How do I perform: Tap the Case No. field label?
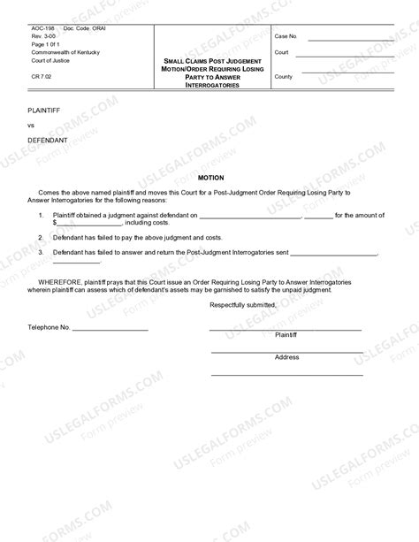[x=286, y=37]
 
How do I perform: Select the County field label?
[x=284, y=77]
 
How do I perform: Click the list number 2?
[x=40, y=238]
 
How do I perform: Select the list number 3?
[x=40, y=253]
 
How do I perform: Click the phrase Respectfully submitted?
[x=243, y=305]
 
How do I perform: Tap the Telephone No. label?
[x=49, y=327]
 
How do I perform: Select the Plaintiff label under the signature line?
[x=286, y=336]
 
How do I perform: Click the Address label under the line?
[x=286, y=357]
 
